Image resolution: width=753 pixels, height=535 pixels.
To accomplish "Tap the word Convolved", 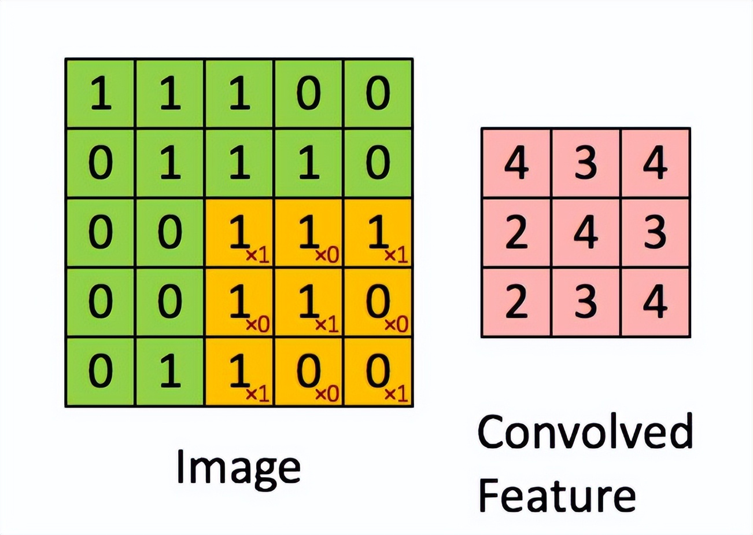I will click(x=585, y=432).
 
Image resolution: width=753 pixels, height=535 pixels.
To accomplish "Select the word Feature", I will click(x=557, y=494).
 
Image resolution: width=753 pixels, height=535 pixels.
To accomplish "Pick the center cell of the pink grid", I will click(x=586, y=233).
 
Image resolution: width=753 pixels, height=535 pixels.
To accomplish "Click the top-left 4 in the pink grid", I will click(x=516, y=163).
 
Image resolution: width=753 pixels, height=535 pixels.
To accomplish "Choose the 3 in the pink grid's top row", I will click(x=586, y=163).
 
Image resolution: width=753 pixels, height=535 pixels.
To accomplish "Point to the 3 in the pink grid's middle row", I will click(x=655, y=233).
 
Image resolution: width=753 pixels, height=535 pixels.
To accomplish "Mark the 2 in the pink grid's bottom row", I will click(x=516, y=302).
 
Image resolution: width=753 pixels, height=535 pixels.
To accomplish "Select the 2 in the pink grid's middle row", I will click(x=516, y=233).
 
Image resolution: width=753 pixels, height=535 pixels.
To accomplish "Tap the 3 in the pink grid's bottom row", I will click(x=586, y=302).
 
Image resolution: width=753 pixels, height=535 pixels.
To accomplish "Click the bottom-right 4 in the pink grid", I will click(x=655, y=302).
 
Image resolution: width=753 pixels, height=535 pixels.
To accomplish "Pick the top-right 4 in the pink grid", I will click(x=655, y=163).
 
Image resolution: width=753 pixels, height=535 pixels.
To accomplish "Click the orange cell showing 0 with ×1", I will click(x=378, y=372).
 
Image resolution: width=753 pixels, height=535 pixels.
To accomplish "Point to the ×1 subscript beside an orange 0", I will click(x=397, y=394).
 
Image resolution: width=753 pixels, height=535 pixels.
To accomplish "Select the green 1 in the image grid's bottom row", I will click(x=169, y=372).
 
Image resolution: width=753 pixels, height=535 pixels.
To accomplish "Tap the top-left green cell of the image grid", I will click(x=100, y=94).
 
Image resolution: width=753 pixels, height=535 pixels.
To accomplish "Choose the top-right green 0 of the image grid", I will click(x=378, y=94).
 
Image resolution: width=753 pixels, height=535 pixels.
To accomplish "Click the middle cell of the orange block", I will click(x=308, y=302).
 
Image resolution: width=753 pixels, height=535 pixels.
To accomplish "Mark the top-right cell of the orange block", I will click(x=378, y=233).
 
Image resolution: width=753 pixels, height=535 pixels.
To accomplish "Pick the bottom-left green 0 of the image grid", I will click(x=100, y=372).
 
